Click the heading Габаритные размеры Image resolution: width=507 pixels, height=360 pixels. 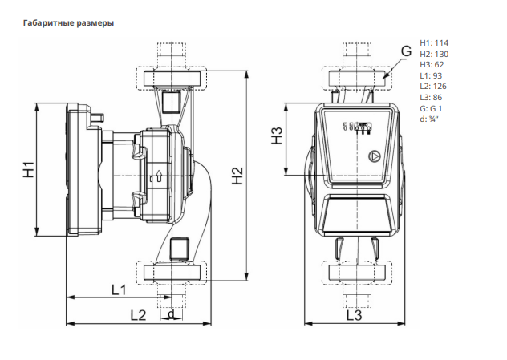[68, 23]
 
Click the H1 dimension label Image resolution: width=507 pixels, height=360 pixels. [29, 170]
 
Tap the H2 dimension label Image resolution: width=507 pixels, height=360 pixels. [237, 176]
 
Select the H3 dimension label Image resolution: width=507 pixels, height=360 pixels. [277, 136]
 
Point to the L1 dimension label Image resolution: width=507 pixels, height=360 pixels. [119, 290]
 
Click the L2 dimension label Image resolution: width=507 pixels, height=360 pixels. [139, 315]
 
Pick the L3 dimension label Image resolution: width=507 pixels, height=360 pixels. [354, 315]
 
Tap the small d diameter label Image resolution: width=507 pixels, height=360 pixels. [172, 313]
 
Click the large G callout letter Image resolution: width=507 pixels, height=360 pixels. [406, 51]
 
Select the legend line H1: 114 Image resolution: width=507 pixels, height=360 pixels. [434, 43]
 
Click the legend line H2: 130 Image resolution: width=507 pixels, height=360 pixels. [434, 54]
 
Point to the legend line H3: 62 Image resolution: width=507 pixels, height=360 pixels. [432, 65]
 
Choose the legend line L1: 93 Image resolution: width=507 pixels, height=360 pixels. [431, 75]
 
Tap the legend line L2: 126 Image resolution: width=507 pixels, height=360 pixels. [433, 87]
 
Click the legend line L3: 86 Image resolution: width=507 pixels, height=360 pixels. [431, 97]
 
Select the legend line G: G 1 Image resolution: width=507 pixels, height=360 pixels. [431, 108]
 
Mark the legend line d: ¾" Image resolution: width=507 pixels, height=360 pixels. [428, 119]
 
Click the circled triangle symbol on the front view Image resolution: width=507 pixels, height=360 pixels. [375, 156]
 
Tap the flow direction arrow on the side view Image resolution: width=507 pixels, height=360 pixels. [159, 176]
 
